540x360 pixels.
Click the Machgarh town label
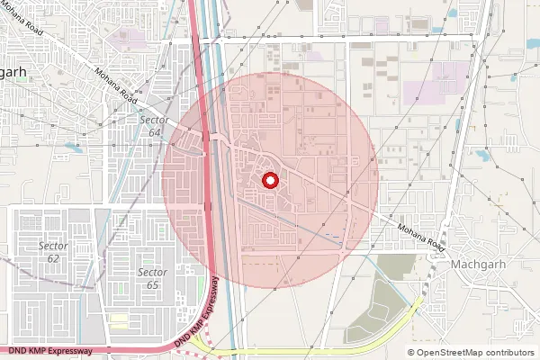point(482,265)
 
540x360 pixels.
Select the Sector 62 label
point(53,252)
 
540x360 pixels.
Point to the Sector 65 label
point(152,278)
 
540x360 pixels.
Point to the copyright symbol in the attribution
point(411,353)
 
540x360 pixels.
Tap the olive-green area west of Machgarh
point(396,266)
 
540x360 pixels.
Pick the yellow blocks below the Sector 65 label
point(118,320)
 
